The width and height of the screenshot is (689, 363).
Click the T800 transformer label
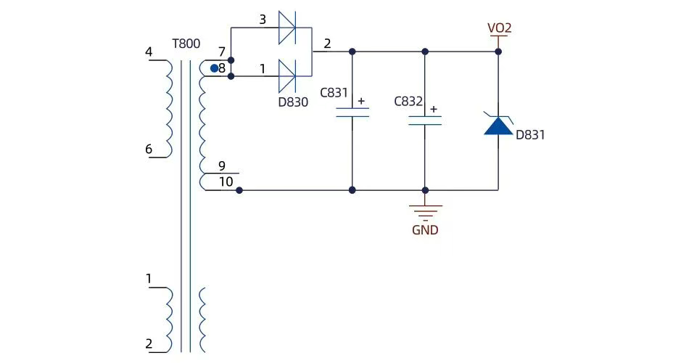click(x=186, y=44)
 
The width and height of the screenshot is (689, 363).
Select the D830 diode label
click(x=293, y=102)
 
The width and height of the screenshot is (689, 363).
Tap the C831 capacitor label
click(x=334, y=92)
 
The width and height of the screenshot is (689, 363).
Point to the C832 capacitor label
click(x=408, y=101)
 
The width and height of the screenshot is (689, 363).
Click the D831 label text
click(x=530, y=134)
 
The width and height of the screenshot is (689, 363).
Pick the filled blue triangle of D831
click(x=498, y=126)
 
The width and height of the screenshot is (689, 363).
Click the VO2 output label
click(x=500, y=28)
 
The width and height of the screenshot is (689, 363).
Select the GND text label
click(x=425, y=229)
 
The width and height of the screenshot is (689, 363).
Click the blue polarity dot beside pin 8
click(x=214, y=68)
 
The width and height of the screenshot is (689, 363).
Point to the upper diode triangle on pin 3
click(x=287, y=28)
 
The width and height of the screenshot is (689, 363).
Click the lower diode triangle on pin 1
click(x=287, y=76)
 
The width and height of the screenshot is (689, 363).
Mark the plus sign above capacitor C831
click(x=361, y=101)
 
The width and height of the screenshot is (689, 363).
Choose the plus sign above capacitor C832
click(x=434, y=109)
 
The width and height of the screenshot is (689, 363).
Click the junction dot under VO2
click(x=498, y=52)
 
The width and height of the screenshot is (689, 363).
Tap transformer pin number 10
click(x=226, y=181)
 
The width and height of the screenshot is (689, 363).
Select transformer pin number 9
click(x=222, y=166)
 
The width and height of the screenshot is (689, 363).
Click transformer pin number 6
click(x=149, y=149)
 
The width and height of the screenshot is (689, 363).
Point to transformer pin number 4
click(x=149, y=52)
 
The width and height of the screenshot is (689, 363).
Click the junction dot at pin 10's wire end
click(x=239, y=190)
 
